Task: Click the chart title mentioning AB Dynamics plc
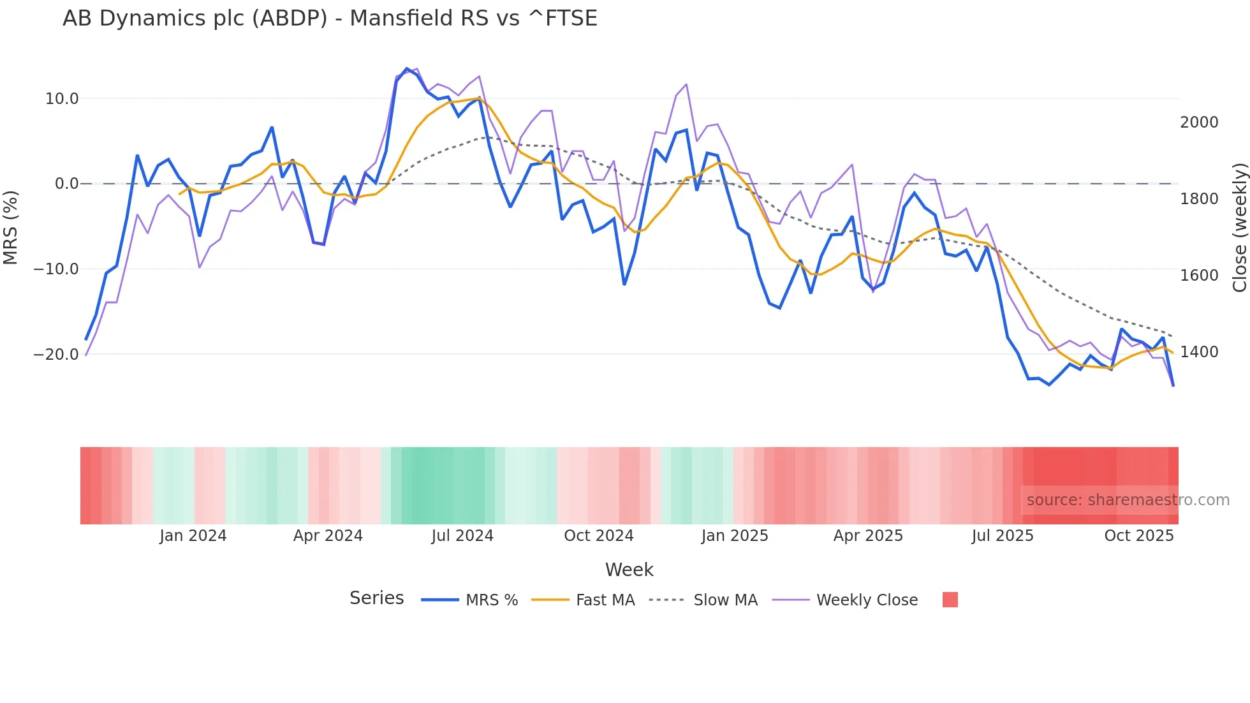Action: tap(330, 18)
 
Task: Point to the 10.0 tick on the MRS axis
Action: tap(62, 99)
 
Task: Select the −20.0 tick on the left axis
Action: tap(56, 355)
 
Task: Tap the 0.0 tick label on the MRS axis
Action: tap(66, 184)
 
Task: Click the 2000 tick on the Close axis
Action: tap(1198, 122)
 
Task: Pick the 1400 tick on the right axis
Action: tap(1198, 352)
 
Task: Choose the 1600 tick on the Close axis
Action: tap(1198, 276)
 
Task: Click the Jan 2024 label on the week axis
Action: tap(193, 536)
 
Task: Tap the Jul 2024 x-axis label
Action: tap(462, 536)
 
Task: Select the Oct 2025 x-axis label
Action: tap(1138, 536)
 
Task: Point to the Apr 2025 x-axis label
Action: tap(868, 536)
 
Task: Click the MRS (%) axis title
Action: tap(11, 227)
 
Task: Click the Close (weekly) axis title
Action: tap(1239, 227)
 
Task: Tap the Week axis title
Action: tap(629, 570)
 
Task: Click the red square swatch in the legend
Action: tap(950, 600)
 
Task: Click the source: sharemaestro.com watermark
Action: tap(1128, 500)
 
